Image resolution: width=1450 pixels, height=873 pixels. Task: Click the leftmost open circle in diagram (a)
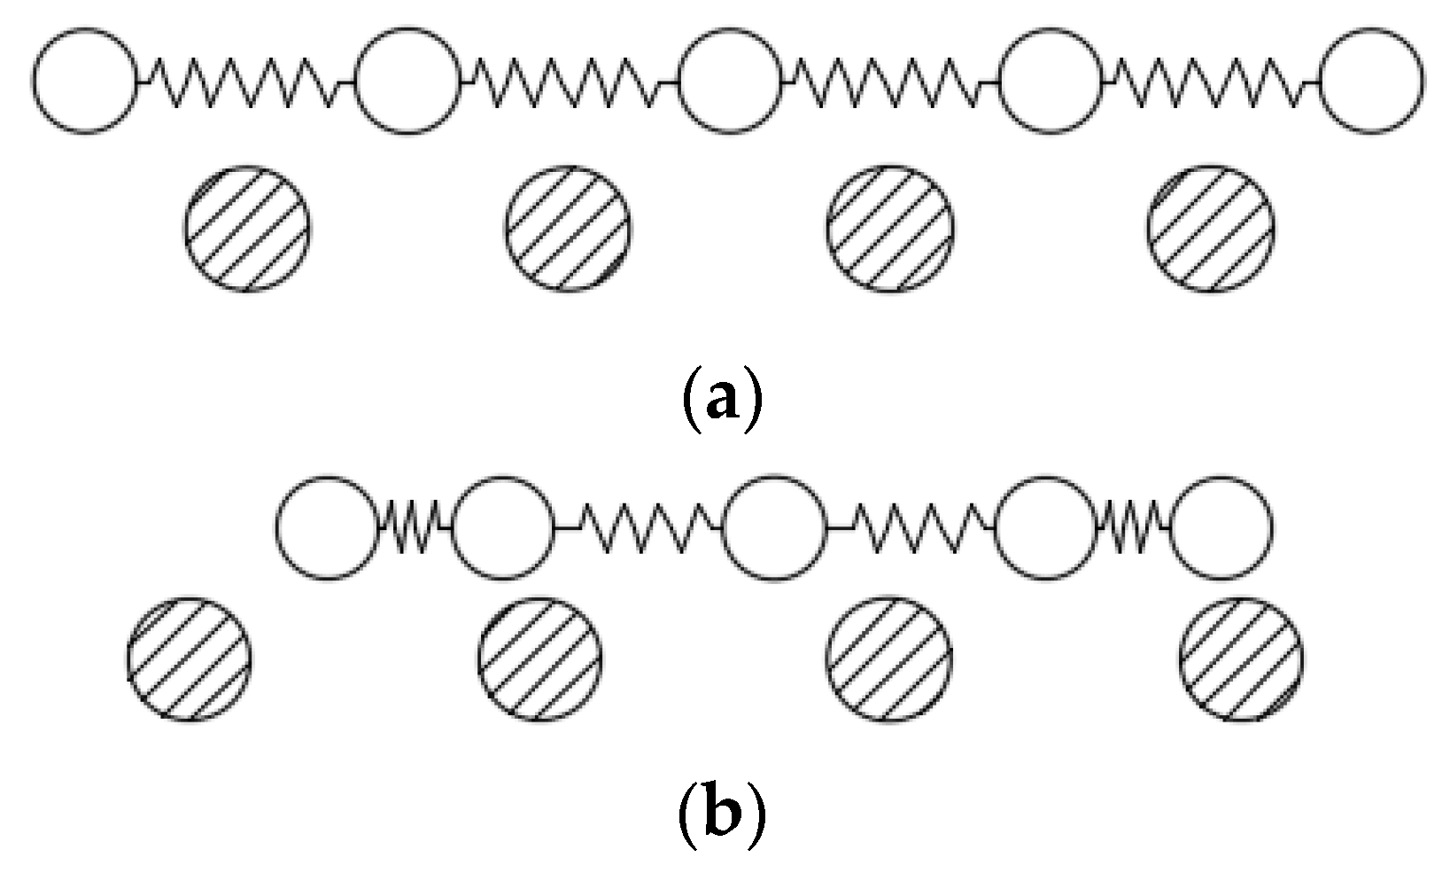[86, 81]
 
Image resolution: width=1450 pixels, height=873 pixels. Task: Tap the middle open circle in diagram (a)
[731, 81]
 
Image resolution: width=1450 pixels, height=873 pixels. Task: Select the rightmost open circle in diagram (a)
[1372, 81]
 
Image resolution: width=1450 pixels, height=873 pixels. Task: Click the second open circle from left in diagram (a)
[407, 81]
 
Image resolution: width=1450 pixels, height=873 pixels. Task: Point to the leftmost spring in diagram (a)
[246, 82]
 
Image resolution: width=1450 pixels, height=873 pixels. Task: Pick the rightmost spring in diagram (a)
[1211, 82]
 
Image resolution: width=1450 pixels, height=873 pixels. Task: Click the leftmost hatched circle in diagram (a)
[247, 228]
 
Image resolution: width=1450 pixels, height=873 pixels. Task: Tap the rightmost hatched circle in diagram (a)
[1211, 228]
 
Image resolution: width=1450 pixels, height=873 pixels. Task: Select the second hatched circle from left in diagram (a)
[569, 228]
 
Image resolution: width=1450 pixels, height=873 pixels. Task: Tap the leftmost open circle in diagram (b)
[327, 528]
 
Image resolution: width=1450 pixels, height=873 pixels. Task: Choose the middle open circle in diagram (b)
[774, 528]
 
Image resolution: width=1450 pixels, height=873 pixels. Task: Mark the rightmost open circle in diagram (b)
[1222, 528]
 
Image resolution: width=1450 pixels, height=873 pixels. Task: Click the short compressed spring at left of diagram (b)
[415, 528]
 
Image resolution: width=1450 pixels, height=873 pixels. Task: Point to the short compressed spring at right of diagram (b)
[1134, 528]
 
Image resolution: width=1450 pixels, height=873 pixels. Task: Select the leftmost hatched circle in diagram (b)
[189, 660]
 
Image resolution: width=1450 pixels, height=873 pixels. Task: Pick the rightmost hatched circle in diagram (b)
[1241, 660]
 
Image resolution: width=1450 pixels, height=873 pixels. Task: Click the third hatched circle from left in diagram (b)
[890, 660]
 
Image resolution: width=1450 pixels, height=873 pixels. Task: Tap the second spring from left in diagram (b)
[639, 528]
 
